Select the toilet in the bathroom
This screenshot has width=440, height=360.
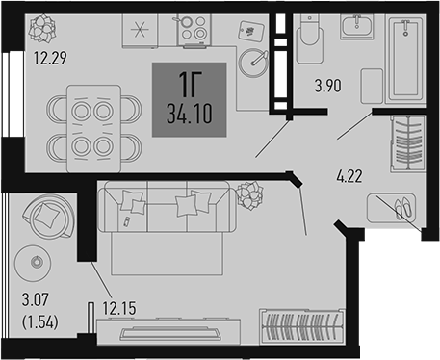click(x=309, y=42)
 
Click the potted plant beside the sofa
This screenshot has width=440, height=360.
click(x=248, y=198)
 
